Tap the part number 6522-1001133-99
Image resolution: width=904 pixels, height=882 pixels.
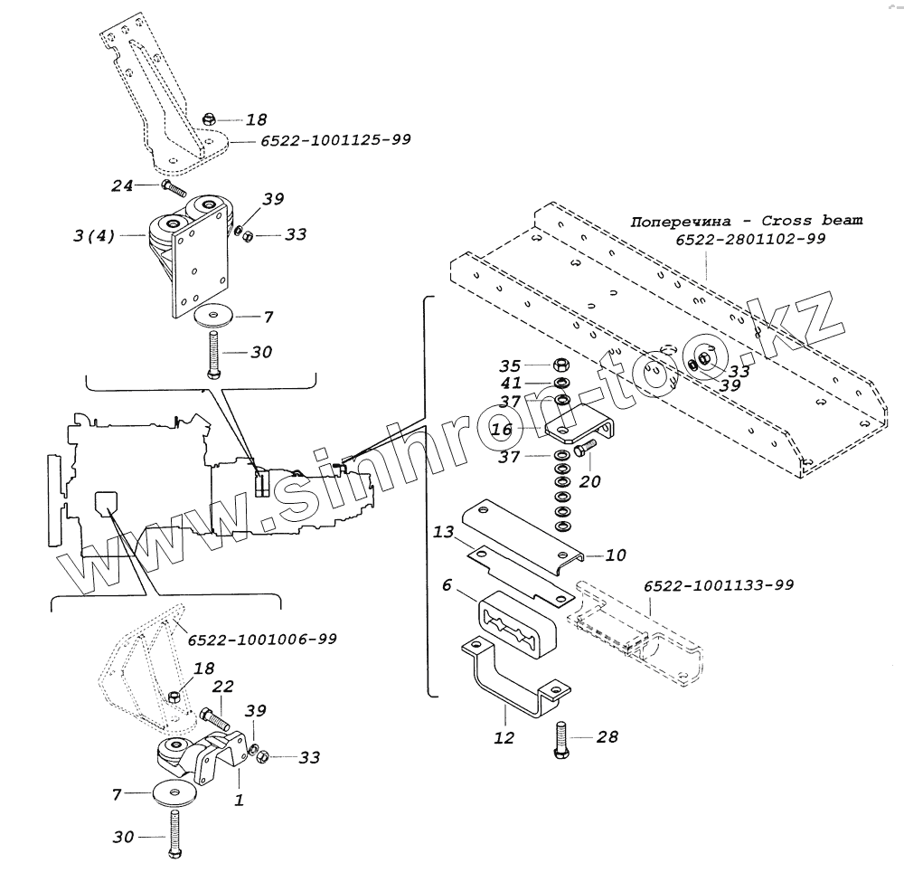pyautogui.click(x=719, y=585)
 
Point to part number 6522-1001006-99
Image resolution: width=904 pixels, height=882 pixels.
pyautogui.click(x=262, y=639)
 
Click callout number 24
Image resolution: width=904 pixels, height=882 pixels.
pyautogui.click(x=122, y=185)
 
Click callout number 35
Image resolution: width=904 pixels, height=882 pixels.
pyautogui.click(x=510, y=366)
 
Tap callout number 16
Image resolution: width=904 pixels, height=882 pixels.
pyautogui.click(x=502, y=429)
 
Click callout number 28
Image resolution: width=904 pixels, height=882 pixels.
pyautogui.click(x=607, y=738)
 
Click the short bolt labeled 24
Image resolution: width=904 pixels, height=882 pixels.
pyautogui.click(x=172, y=189)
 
